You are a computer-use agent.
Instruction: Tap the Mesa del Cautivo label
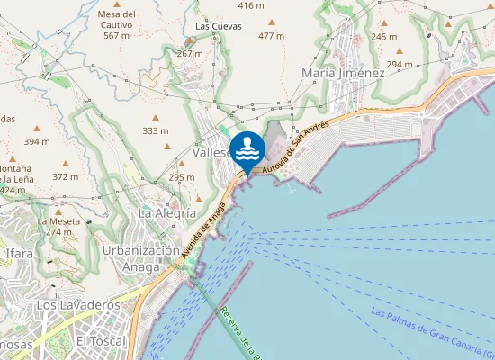[x=117, y=24]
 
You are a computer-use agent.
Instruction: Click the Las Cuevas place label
[x=219, y=26]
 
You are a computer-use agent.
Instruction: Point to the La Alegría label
[x=166, y=213]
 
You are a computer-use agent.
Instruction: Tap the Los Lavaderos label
[x=78, y=306]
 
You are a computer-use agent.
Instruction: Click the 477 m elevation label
[x=271, y=36]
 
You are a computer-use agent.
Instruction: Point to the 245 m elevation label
[x=383, y=36]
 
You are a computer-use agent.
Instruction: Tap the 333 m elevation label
[x=155, y=130]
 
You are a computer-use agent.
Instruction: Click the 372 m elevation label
[x=66, y=176]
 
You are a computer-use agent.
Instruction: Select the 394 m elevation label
[x=37, y=141]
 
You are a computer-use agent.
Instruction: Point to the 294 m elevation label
[x=400, y=64]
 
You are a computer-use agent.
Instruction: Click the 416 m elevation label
[x=251, y=5]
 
